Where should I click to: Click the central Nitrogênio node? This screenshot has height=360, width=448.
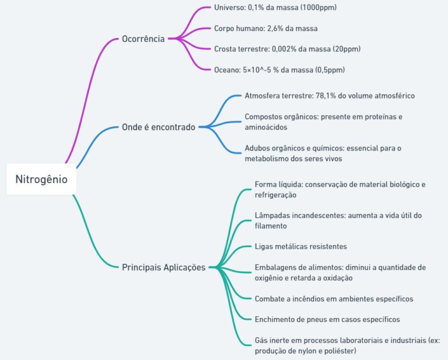pyautogui.click(x=41, y=179)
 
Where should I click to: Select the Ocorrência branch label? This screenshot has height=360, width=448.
pyautogui.click(x=143, y=39)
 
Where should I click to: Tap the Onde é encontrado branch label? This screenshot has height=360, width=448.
pyautogui.click(x=159, y=127)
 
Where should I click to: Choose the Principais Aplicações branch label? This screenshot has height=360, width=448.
pyautogui.click(x=164, y=267)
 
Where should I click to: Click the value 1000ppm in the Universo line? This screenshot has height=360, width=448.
pyautogui.click(x=318, y=8)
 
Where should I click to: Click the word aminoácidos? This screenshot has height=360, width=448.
pyautogui.click(x=266, y=127)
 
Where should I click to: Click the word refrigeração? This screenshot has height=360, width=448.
pyautogui.click(x=275, y=195)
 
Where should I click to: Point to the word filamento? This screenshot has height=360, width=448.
pyautogui.click(x=271, y=226)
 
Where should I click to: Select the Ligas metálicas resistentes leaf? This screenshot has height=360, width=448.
pyautogui.click(x=301, y=247)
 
